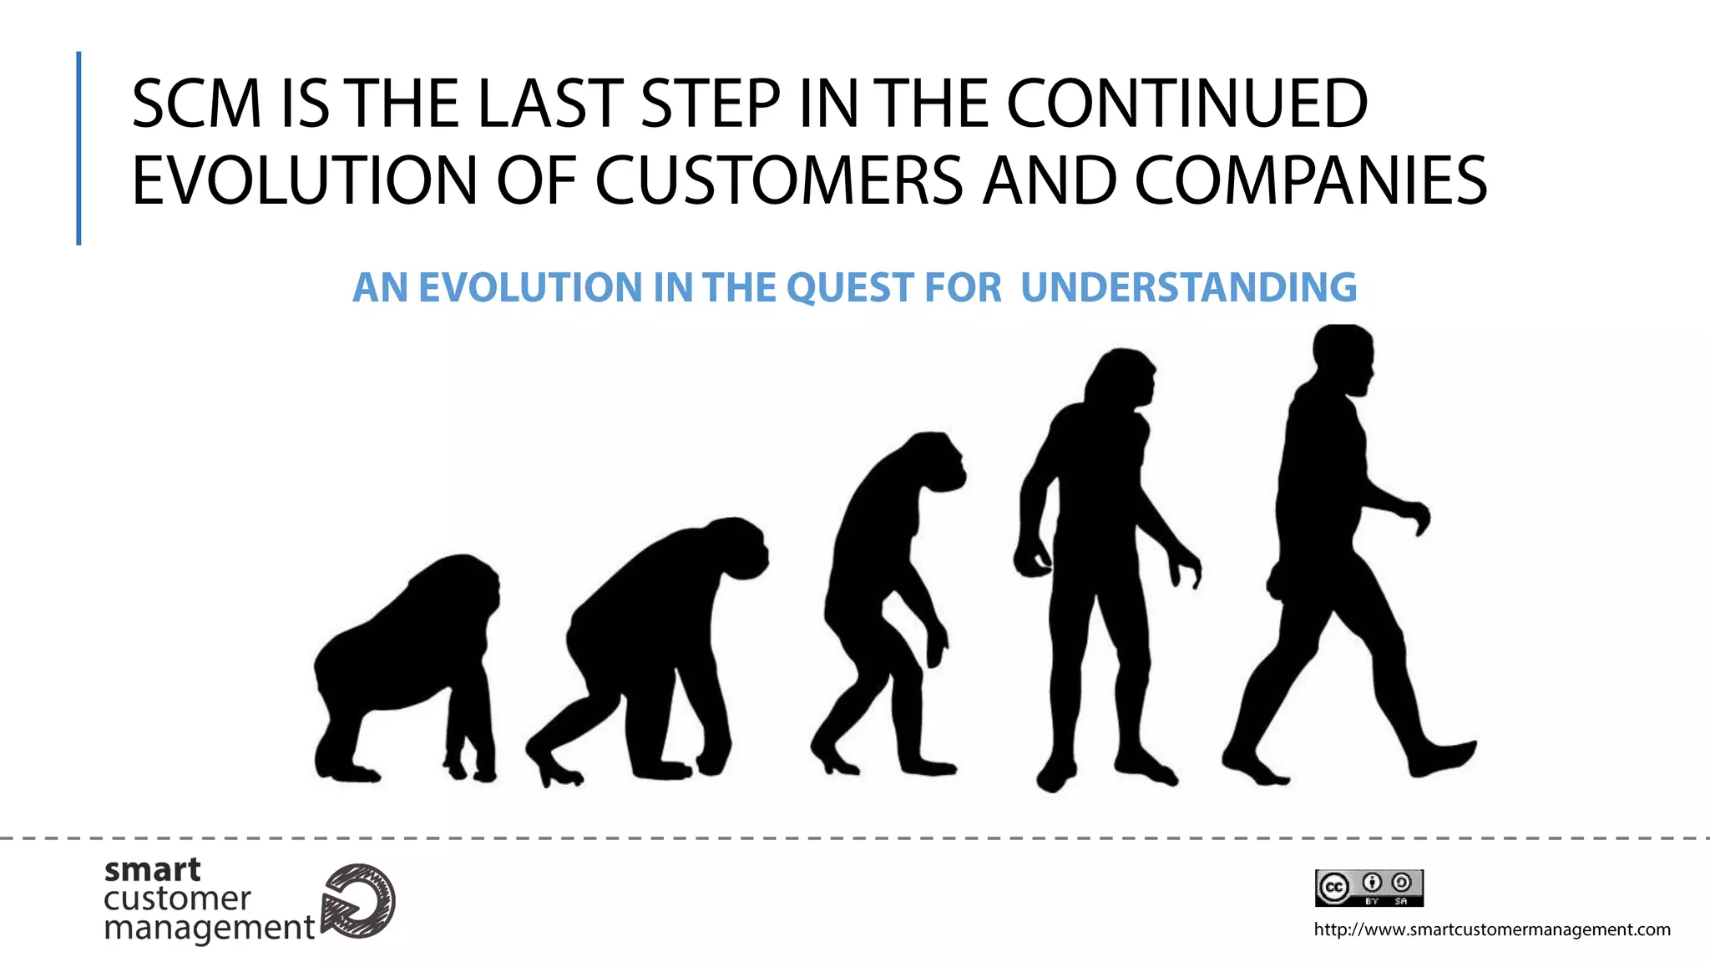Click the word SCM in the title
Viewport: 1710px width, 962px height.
(197, 104)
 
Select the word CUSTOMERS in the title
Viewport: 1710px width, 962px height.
(779, 180)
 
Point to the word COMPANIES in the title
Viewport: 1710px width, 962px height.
(1310, 180)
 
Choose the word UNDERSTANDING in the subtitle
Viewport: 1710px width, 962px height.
(1188, 288)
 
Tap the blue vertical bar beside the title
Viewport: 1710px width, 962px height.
(78, 149)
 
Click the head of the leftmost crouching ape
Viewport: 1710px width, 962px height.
(468, 585)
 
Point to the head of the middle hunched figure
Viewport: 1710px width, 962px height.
(935, 463)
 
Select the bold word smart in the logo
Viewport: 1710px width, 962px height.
(152, 870)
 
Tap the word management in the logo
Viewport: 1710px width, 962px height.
(209, 928)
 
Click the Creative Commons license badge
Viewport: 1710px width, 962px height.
(1369, 888)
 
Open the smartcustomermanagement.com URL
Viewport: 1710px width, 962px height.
(1492, 929)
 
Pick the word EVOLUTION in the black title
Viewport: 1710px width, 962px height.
(305, 180)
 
